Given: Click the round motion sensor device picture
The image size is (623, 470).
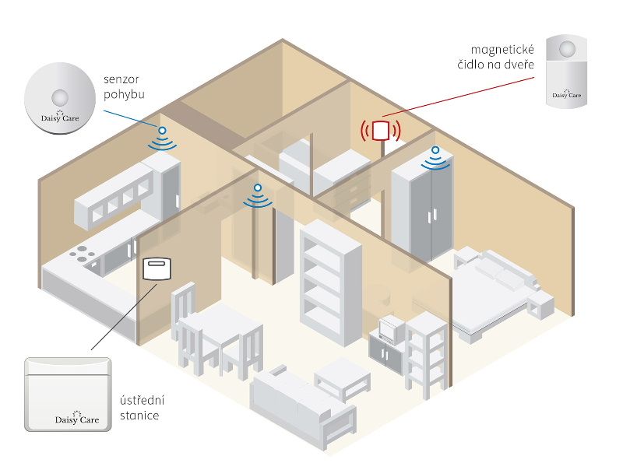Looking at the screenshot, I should click(58, 99).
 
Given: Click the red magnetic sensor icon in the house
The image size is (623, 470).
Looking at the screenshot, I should click(381, 129).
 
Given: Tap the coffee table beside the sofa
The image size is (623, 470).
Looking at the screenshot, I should click(343, 377).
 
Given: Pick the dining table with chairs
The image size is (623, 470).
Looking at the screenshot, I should click(217, 331).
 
